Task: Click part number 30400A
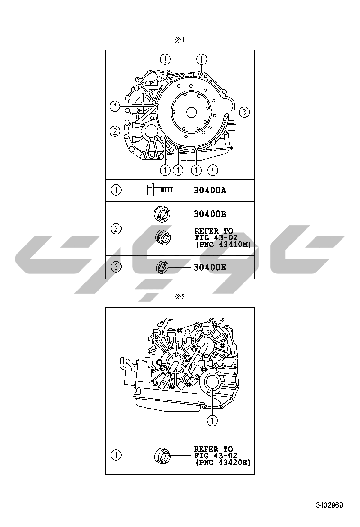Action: (210, 191)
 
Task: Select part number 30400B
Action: (210, 214)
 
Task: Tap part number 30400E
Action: (210, 268)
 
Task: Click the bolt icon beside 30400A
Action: (160, 190)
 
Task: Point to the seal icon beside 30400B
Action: (162, 214)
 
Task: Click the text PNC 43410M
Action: (223, 245)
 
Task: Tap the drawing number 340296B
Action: (330, 505)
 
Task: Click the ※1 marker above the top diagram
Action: (180, 40)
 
